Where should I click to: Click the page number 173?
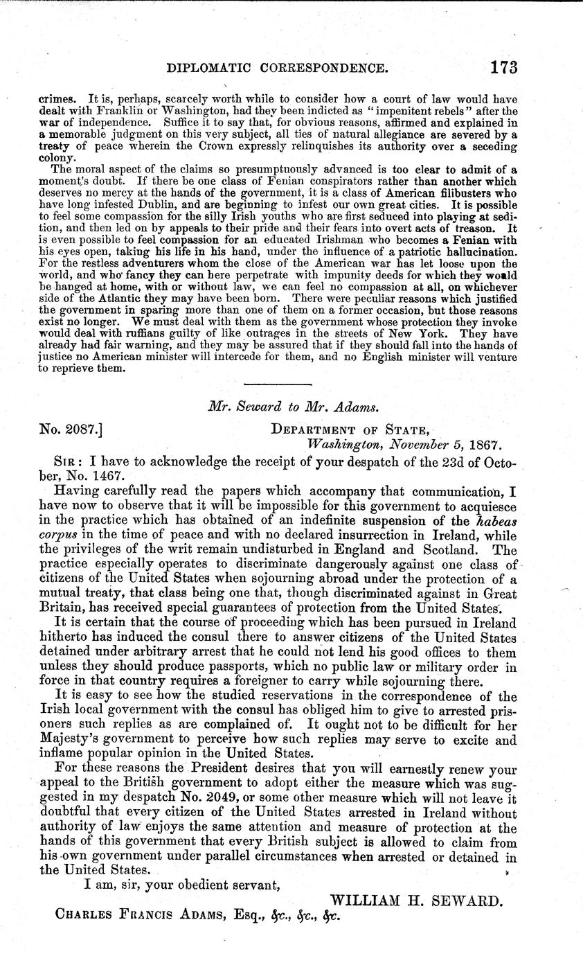pos(503,67)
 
